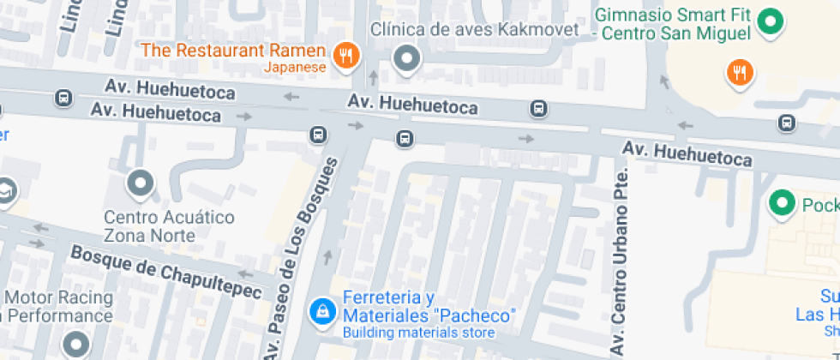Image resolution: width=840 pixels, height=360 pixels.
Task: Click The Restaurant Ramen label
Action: pos(233,50)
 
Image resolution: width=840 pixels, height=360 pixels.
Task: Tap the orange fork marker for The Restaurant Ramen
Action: pos(347,57)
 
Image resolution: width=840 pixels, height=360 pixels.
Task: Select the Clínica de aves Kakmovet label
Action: pos(475,30)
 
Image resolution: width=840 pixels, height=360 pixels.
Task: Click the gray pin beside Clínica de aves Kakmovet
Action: pos(406,59)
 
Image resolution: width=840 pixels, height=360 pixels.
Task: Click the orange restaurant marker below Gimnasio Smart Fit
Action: pos(739,73)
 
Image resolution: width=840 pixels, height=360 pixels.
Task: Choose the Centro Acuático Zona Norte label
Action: pos(169,225)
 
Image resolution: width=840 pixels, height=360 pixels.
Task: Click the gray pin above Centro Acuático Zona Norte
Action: pos(140,183)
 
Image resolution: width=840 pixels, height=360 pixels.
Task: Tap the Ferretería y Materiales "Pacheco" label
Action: pos(429,306)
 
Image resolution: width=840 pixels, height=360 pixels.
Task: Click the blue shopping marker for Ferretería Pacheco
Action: pos(321,310)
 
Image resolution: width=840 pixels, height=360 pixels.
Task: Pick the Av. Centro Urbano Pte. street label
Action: pos(620,257)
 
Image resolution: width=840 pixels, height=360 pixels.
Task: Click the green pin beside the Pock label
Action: pos(781,204)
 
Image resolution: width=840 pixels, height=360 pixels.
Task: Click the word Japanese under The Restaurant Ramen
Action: pos(295,67)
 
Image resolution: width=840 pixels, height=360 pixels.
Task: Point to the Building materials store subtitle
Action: pos(418,333)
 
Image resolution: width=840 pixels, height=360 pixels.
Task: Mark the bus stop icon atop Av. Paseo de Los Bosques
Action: pos(317,135)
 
